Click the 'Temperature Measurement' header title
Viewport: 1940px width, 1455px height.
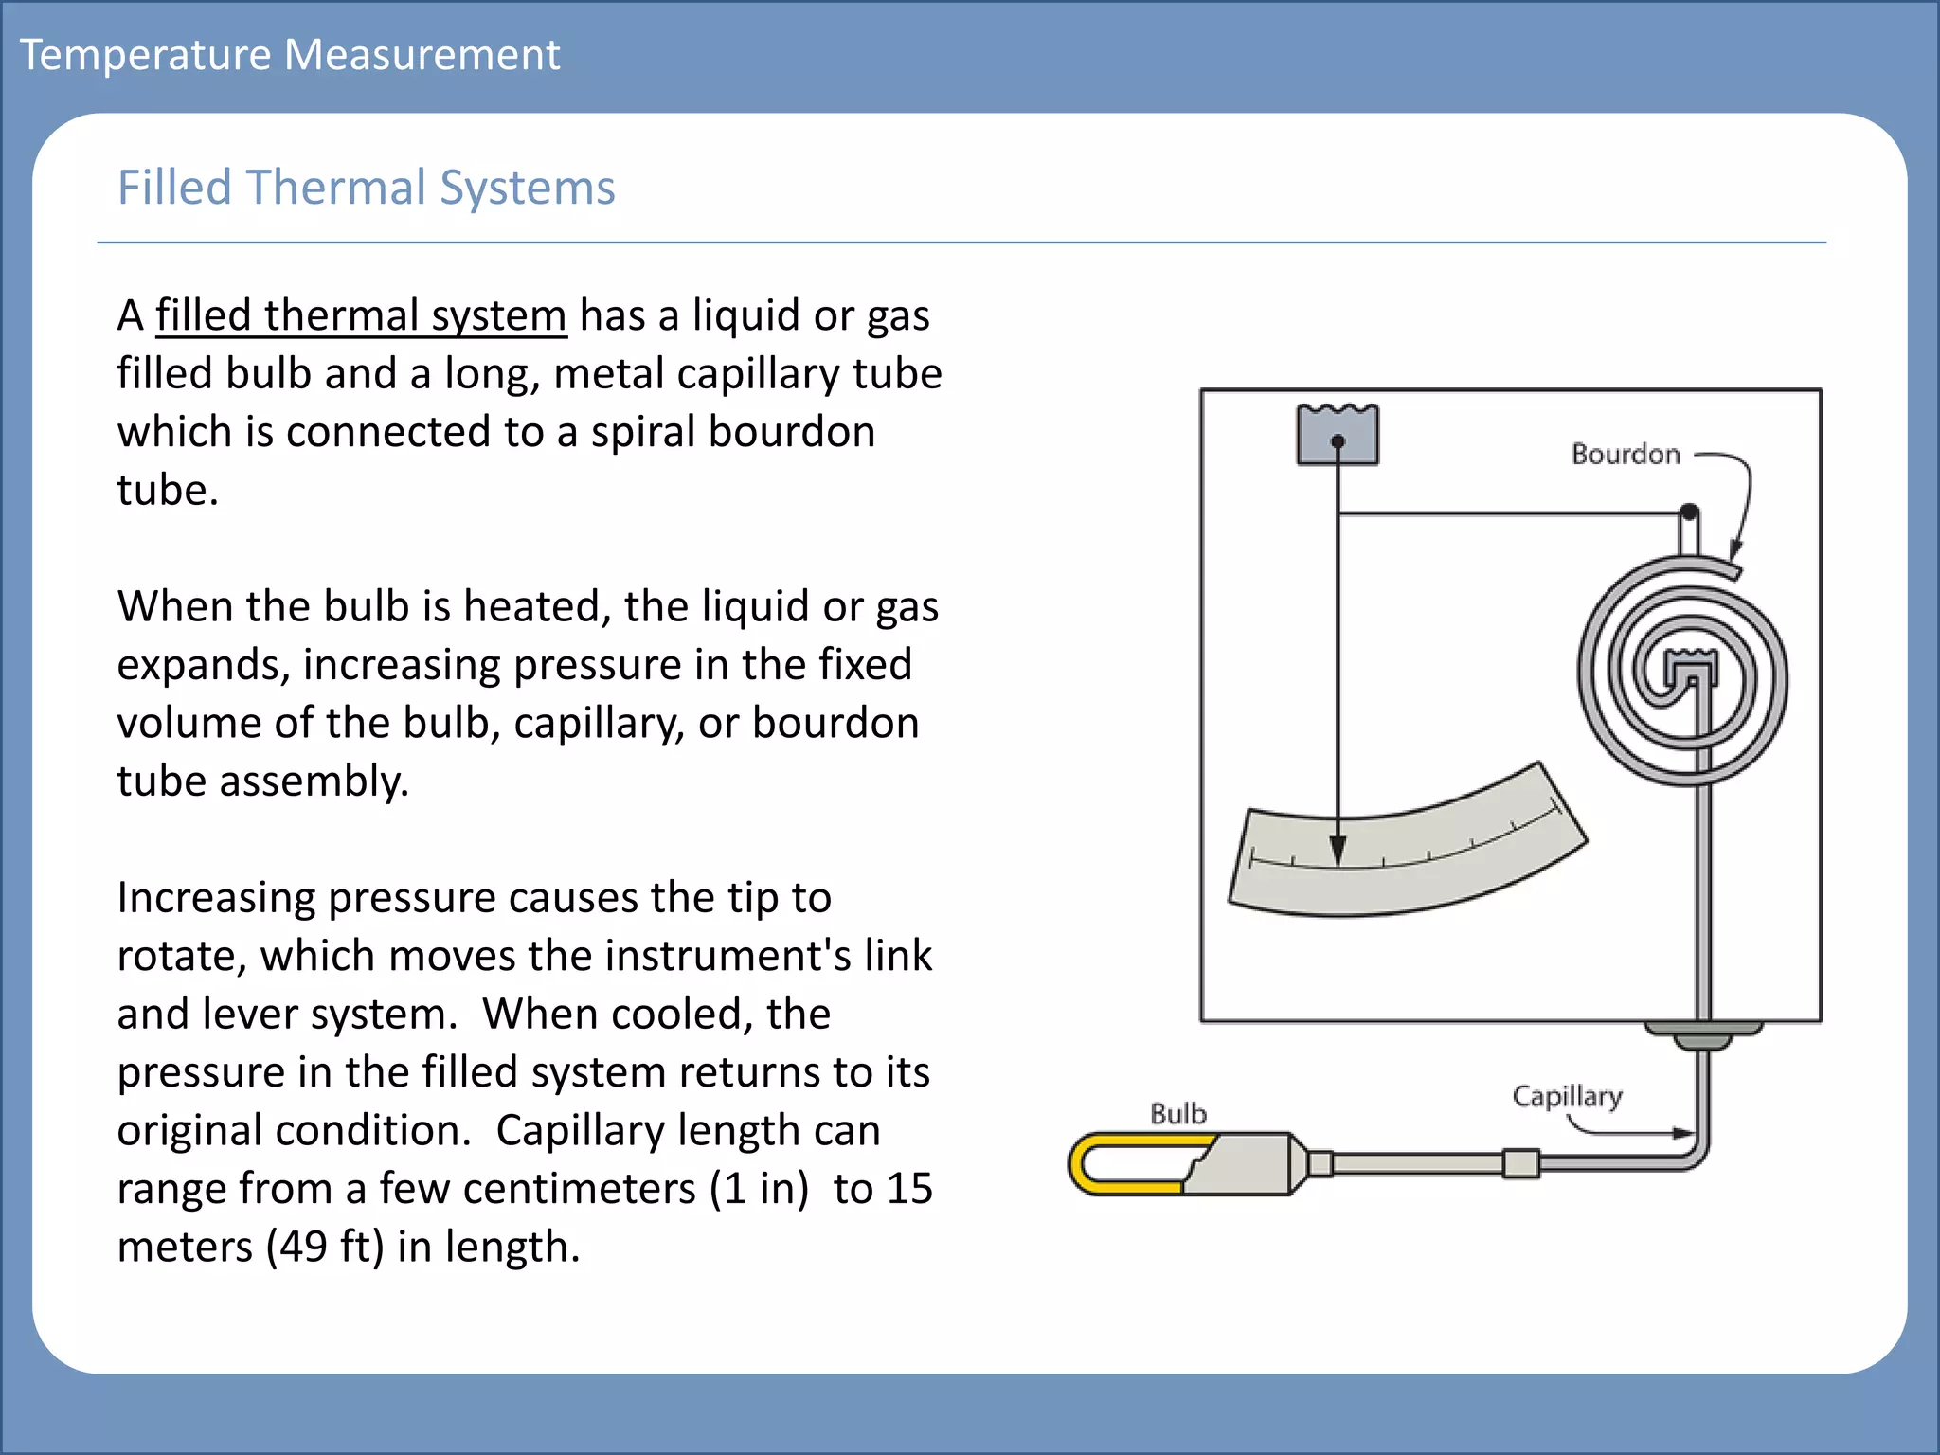point(290,55)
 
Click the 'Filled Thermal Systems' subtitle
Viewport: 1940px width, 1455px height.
point(366,188)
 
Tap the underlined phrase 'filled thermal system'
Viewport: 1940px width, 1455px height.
point(361,315)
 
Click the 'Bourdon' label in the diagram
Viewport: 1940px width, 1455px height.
point(1626,455)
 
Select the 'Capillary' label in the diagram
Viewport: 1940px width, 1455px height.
point(1567,1096)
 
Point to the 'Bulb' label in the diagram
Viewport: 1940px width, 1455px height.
point(1178,1114)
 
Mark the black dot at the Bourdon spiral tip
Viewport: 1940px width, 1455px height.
point(1689,512)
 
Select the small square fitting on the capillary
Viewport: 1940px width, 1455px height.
point(1520,1162)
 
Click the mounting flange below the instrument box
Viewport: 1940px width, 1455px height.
point(1702,1034)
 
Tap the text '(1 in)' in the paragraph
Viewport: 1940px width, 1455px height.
point(759,1189)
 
